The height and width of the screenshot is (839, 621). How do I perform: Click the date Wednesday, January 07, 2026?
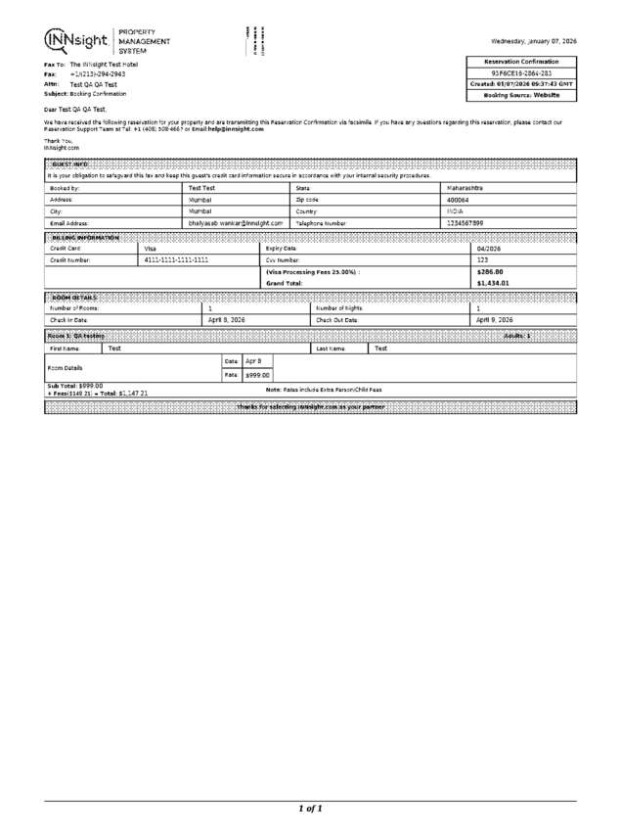tap(532, 42)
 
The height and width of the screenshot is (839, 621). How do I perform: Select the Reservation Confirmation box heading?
tap(521, 62)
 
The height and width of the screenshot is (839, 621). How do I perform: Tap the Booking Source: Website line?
tap(521, 95)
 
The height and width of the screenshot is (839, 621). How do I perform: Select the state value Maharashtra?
tap(465, 187)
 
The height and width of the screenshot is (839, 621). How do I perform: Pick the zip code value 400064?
tap(458, 199)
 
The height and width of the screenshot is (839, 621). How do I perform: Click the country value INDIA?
tap(455, 210)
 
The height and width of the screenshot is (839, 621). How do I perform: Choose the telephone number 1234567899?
tap(465, 223)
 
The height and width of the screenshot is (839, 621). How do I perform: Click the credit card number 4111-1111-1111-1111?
tap(176, 260)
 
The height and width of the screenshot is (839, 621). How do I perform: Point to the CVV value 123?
tap(482, 260)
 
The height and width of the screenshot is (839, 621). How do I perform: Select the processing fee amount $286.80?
tap(490, 272)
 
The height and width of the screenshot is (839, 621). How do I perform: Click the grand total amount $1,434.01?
tap(493, 283)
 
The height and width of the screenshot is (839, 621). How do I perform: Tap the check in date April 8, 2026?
tap(227, 320)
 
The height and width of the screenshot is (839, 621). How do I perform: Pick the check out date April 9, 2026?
tap(495, 320)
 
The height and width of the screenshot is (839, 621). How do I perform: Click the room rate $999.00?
tap(257, 375)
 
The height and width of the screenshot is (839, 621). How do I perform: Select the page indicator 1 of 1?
tap(310, 809)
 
